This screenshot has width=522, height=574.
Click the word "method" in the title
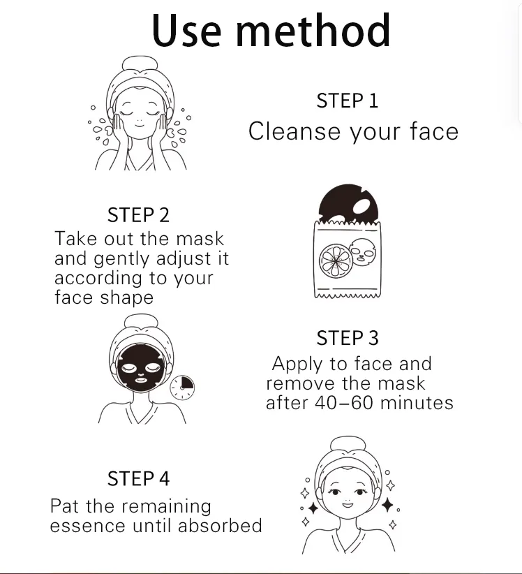313,30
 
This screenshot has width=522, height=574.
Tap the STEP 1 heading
347,101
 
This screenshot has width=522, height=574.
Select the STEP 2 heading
138,215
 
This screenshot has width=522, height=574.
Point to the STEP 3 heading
348,338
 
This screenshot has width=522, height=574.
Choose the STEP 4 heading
138,478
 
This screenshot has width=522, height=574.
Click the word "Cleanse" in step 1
294,131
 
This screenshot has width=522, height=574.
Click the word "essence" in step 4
88,526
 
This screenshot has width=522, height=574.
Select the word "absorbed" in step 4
220,525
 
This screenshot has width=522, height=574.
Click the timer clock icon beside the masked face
182,388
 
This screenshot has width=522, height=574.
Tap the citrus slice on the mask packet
336,261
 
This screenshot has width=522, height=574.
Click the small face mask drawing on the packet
363,252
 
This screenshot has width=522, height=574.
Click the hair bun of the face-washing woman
140,65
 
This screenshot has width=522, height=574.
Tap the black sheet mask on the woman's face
140,367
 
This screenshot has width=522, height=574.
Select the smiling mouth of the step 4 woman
348,506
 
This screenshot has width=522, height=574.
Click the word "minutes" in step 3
417,403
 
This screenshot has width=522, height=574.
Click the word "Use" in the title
186,30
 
